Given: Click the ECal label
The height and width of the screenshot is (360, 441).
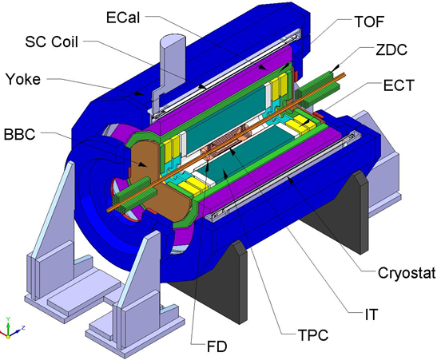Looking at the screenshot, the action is click(x=123, y=18).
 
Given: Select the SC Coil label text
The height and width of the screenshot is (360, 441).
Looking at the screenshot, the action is click(x=51, y=42).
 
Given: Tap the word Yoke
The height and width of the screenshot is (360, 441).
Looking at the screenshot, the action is click(x=23, y=79).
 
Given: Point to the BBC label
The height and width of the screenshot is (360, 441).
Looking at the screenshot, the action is click(x=20, y=134).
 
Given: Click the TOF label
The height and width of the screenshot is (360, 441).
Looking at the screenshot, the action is click(x=369, y=22).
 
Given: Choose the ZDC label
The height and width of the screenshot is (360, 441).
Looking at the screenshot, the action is click(x=391, y=49).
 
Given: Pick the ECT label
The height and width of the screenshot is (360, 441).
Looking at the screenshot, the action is click(x=399, y=85).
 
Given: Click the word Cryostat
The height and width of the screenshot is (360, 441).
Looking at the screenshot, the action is click(x=407, y=273).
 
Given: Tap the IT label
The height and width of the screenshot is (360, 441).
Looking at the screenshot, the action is click(x=371, y=315).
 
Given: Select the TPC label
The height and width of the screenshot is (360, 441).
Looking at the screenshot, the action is click(x=313, y=334).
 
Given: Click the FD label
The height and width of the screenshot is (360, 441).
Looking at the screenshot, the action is click(x=217, y=346).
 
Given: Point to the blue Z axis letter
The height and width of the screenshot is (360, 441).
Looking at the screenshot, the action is click(x=23, y=327).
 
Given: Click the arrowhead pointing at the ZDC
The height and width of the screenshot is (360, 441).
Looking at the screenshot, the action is click(x=335, y=69).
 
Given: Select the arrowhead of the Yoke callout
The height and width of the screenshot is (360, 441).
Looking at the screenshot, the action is click(x=137, y=93).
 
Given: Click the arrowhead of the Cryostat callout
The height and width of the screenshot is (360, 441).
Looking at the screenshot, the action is click(x=291, y=180).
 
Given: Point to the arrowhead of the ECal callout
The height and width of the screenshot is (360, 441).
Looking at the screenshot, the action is click(x=262, y=67).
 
